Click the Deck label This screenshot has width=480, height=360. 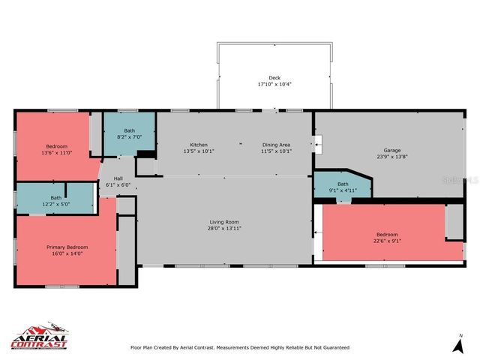274,78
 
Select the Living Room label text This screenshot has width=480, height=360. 223,222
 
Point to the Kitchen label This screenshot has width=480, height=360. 199,145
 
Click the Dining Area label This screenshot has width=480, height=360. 276,145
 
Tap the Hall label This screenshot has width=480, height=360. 118,178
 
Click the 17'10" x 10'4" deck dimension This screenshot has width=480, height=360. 274,85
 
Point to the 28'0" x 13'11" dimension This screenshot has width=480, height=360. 223,229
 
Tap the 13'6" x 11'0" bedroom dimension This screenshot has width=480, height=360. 57,152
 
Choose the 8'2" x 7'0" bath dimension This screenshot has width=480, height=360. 130,137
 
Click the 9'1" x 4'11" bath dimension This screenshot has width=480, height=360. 343,190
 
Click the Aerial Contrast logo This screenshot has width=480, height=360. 39,337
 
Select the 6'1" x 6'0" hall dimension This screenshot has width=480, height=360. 118,185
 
